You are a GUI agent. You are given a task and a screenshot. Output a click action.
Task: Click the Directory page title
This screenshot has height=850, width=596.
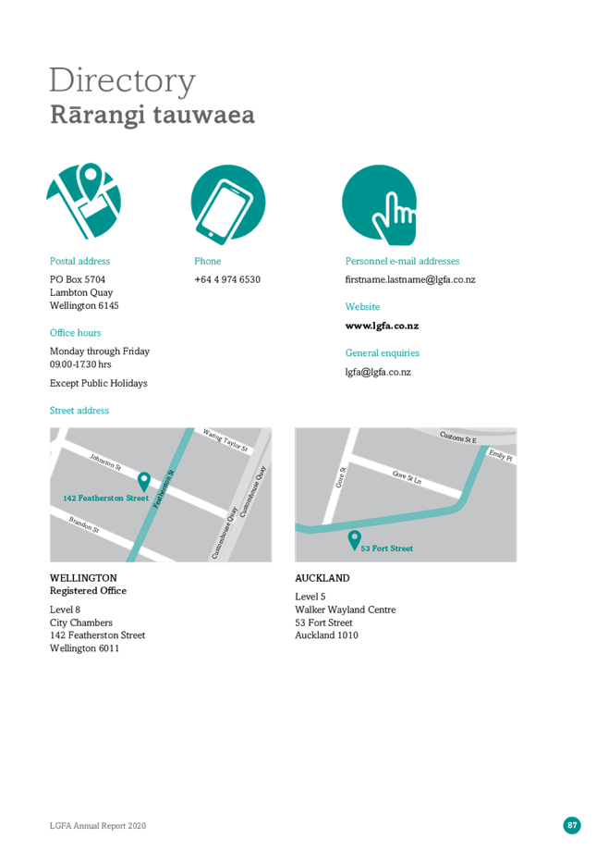122,81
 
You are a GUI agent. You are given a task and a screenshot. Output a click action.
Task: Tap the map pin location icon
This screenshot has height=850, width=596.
84,201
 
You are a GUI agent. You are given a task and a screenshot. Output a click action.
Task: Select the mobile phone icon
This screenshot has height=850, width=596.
228,203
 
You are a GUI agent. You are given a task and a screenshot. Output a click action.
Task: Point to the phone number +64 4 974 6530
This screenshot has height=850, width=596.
227,279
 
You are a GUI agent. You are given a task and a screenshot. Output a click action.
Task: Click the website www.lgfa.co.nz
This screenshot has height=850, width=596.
383,326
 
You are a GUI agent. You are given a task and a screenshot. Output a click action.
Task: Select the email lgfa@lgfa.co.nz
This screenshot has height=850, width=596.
378,373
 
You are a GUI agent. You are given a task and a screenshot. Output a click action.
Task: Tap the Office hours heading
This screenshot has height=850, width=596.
75,333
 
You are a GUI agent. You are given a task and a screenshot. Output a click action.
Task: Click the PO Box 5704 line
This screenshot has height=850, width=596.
78,279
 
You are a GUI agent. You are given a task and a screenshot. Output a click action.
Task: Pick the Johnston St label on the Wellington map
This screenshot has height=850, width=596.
105,462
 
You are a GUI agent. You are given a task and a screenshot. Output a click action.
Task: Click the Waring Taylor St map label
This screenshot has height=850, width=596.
225,440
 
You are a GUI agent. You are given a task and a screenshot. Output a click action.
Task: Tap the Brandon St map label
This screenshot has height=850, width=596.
84,524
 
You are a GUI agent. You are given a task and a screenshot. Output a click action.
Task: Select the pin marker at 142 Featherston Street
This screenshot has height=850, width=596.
144,481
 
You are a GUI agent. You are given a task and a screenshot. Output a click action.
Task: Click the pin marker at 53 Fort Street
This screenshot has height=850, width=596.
354,540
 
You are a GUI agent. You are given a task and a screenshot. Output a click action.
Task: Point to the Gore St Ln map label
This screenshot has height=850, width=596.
407,477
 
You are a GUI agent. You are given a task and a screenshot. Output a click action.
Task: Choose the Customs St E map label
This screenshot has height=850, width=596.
458,437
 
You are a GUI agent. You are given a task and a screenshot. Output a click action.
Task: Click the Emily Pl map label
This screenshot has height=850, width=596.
500,455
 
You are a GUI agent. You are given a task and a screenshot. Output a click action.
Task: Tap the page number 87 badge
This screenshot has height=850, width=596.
572,826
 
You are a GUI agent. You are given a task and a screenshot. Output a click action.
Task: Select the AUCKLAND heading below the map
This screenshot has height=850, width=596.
322,578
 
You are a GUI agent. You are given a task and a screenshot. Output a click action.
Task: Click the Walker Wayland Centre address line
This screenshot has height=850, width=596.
346,610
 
